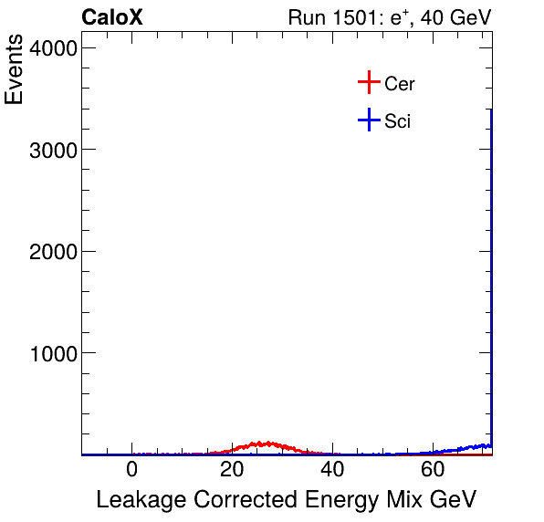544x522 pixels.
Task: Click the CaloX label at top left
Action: coord(112,17)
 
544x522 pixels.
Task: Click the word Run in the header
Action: coord(306,17)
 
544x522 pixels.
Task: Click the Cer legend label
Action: coord(400,84)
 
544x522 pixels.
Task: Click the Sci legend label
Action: coord(398,120)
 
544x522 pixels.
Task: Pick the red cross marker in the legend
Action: coord(369,83)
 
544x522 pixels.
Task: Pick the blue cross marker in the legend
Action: coord(369,120)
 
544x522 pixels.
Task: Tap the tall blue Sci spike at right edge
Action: coord(492,274)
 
